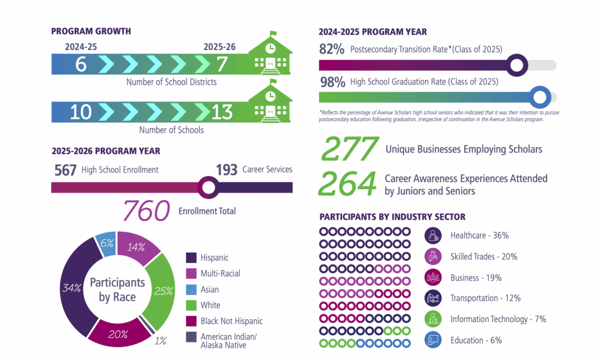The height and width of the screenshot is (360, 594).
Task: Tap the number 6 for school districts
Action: [x=81, y=64]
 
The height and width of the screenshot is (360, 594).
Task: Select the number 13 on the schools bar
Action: [x=222, y=111]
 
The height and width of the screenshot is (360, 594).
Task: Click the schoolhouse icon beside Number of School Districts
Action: [x=270, y=55]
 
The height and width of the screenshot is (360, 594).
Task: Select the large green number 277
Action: [x=349, y=150]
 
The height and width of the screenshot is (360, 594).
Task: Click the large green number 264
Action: [x=347, y=185]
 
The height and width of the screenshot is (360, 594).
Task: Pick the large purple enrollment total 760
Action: [x=146, y=212]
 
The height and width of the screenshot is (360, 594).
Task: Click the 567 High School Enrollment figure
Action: [x=65, y=170]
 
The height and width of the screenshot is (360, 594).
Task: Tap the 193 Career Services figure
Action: [x=227, y=170]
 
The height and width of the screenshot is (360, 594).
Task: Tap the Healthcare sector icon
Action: [x=433, y=235]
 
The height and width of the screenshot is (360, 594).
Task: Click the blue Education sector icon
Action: [x=433, y=340]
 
